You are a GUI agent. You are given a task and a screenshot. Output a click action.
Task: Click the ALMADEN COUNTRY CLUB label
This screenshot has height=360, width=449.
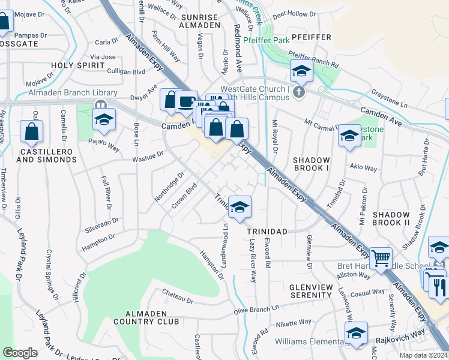tap(152, 317)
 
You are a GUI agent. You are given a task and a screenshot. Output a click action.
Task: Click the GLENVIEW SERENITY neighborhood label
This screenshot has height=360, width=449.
tap(311, 291)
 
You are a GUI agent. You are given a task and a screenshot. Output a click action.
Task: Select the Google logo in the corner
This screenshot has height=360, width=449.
tap(20, 353)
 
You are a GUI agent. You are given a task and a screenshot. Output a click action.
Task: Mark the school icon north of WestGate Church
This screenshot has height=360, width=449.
tap(301, 71)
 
